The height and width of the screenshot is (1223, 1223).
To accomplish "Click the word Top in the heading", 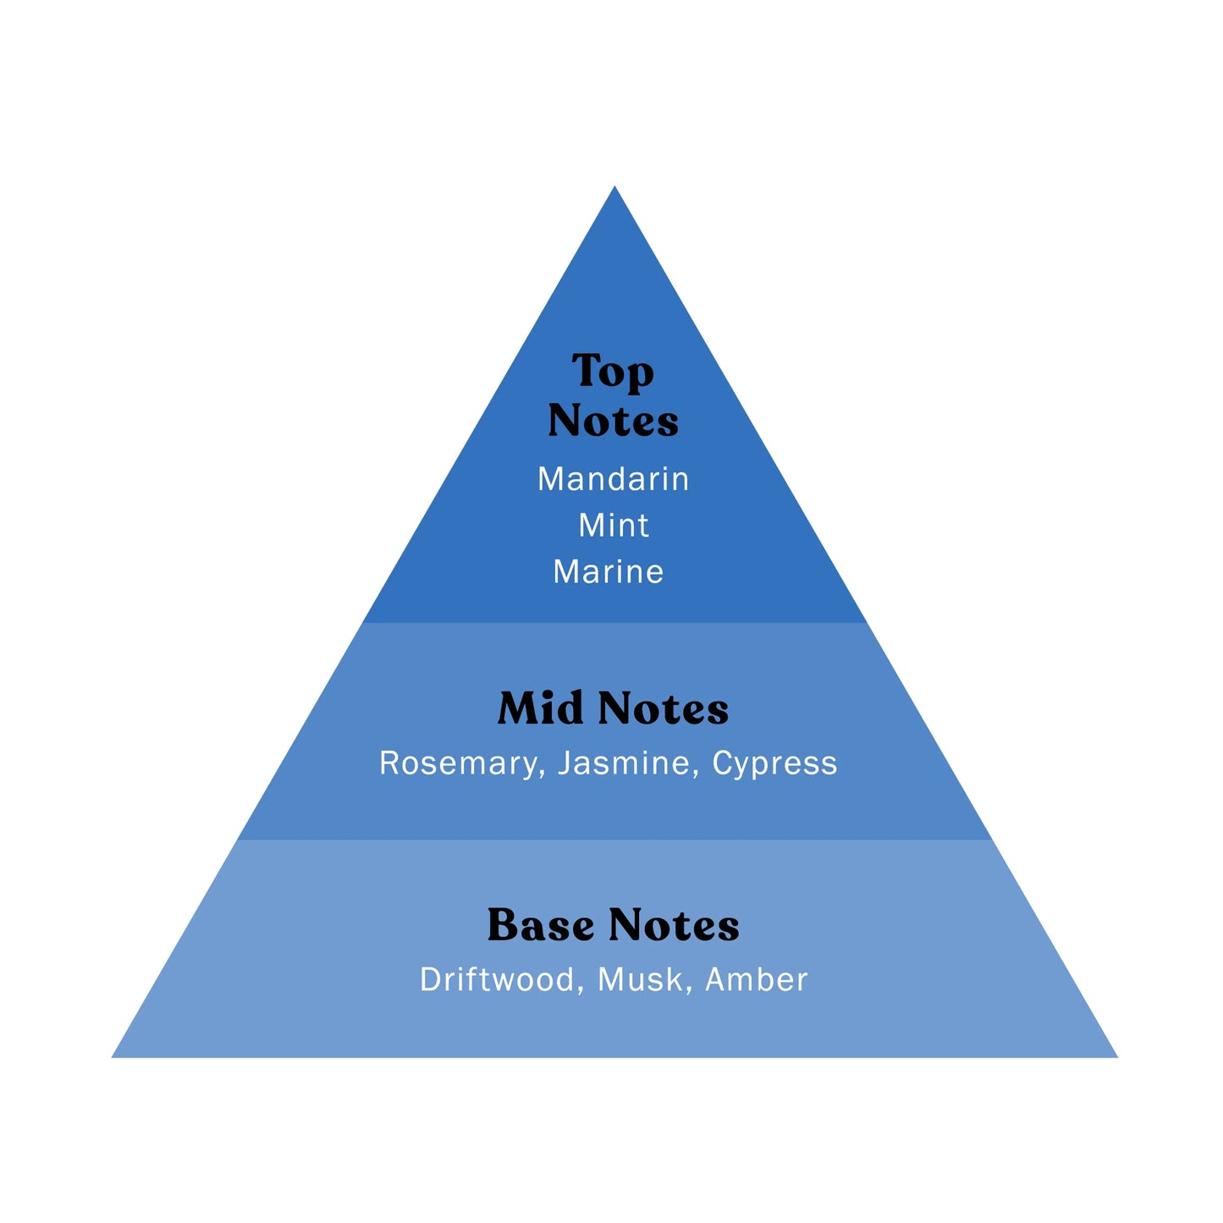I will click(613, 372).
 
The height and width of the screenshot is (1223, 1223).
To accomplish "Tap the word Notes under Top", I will click(613, 421).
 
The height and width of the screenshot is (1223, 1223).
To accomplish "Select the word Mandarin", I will click(613, 479).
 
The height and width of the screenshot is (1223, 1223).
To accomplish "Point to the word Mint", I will click(613, 526).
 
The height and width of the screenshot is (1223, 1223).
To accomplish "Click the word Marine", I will click(608, 572).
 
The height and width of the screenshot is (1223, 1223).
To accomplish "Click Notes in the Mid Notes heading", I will click(663, 708).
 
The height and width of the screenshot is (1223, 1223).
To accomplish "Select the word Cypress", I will click(774, 763).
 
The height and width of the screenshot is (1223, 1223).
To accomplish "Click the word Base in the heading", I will click(540, 925).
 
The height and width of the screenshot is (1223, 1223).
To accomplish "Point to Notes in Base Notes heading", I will click(674, 925).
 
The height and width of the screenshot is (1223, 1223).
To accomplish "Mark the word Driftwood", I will click(497, 980).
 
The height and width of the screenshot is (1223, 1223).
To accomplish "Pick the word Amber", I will click(756, 980).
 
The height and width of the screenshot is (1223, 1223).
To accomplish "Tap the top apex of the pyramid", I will click(614, 189).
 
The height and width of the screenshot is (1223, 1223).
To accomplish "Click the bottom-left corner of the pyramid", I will click(114, 1055).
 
